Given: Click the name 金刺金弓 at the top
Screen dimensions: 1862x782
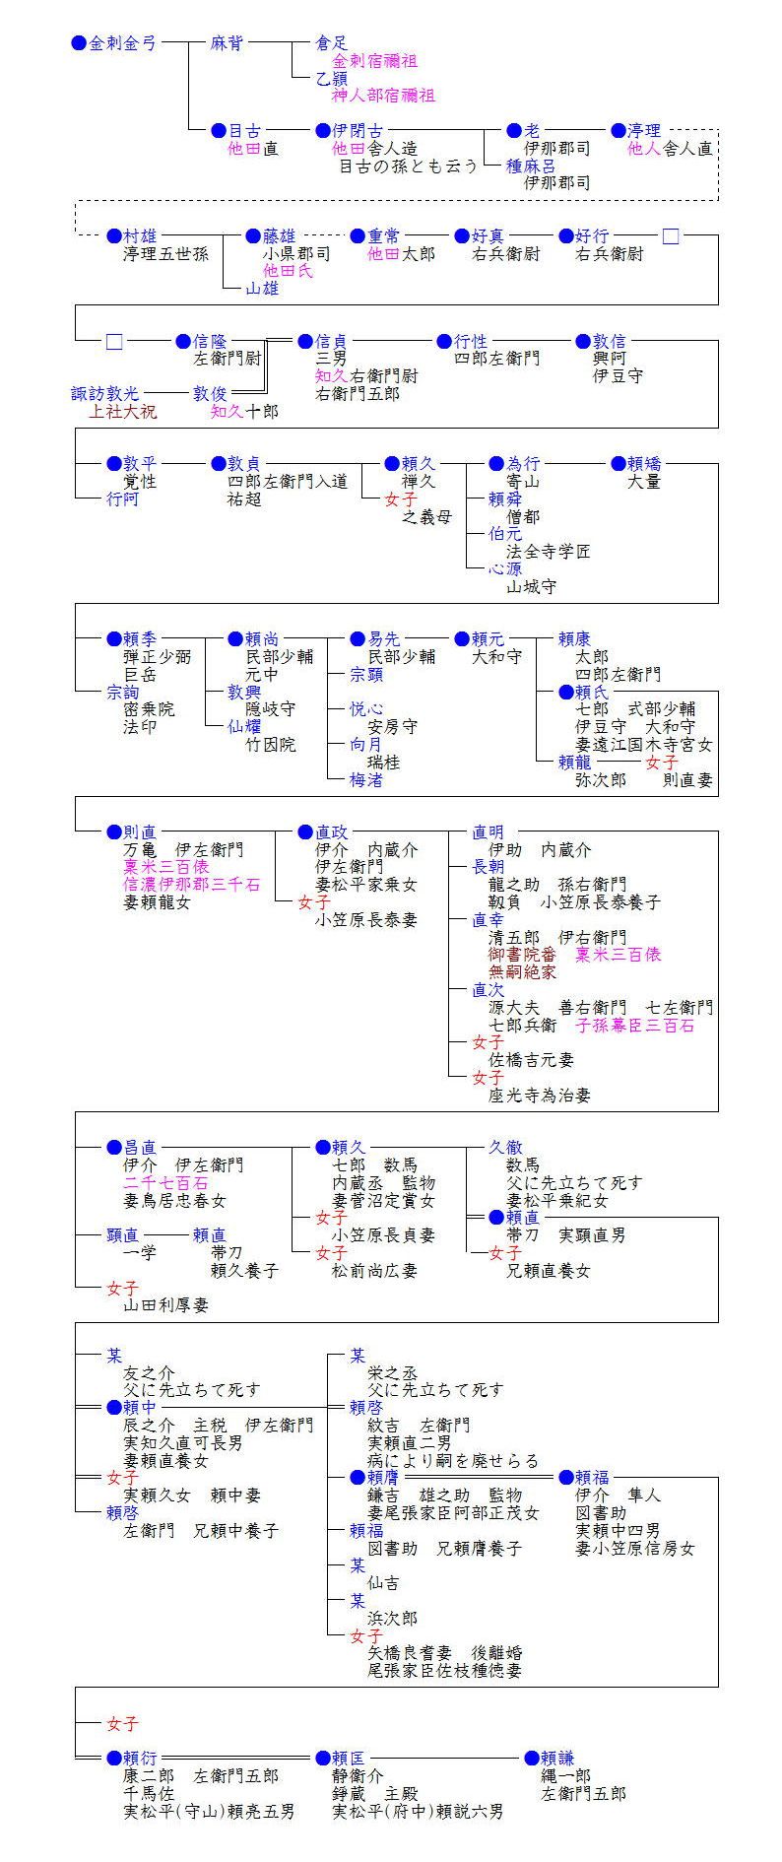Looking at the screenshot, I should (x=122, y=43).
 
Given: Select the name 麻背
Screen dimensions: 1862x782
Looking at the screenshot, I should (x=227, y=43).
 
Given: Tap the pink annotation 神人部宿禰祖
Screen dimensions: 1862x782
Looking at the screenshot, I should (x=383, y=96).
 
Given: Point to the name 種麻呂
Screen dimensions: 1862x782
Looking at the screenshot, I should (x=531, y=166).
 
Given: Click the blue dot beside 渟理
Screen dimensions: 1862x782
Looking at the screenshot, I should (x=619, y=130).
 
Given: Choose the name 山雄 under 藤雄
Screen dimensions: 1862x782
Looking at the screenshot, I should (x=262, y=288).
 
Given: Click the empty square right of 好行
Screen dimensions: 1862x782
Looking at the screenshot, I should (x=671, y=236).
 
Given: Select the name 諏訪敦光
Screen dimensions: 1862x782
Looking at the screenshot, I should (x=105, y=393).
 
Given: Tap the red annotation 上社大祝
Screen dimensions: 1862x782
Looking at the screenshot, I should (x=122, y=411).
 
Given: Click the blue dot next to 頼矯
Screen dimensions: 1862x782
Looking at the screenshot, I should (x=619, y=463).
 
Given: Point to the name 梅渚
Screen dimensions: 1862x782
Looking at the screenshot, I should (x=366, y=779).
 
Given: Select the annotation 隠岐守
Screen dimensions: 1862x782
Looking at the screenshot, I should (x=270, y=708).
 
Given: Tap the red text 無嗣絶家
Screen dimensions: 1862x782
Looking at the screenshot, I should (x=523, y=971).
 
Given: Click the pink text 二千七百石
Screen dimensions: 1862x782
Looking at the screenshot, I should (x=165, y=1182).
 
